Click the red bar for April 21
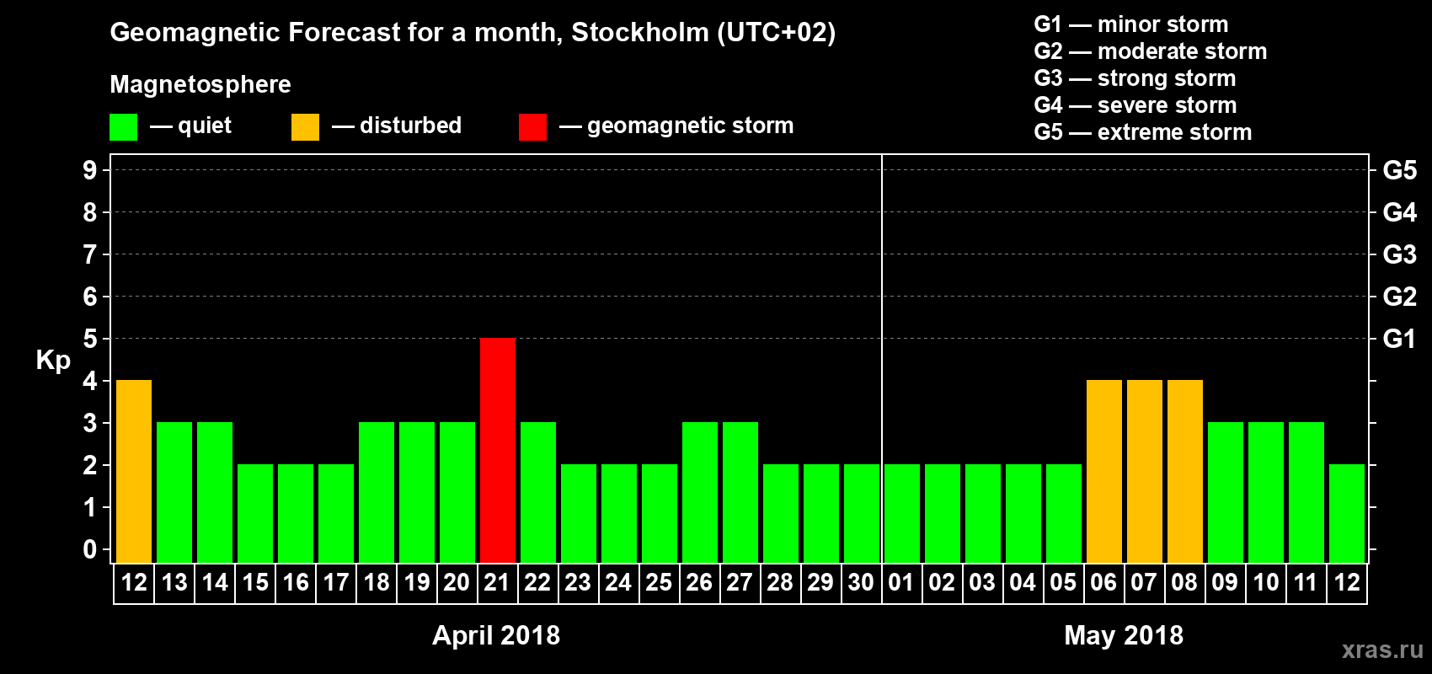[498, 450]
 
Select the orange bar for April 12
[134, 471]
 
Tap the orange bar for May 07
[1145, 471]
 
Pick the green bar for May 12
[1347, 513]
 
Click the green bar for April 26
[700, 492]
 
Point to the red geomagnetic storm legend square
[532, 127]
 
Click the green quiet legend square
[124, 127]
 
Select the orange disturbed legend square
[305, 127]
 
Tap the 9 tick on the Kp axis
[90, 170]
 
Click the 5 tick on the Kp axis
[90, 339]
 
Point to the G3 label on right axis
[1399, 254]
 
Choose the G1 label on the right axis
[1399, 339]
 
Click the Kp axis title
[53, 361]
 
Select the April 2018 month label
[496, 635]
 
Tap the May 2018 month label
[1124, 635]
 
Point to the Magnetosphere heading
[200, 84]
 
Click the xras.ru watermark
[1382, 650]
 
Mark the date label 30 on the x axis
[861, 582]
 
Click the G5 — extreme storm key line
[1143, 132]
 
